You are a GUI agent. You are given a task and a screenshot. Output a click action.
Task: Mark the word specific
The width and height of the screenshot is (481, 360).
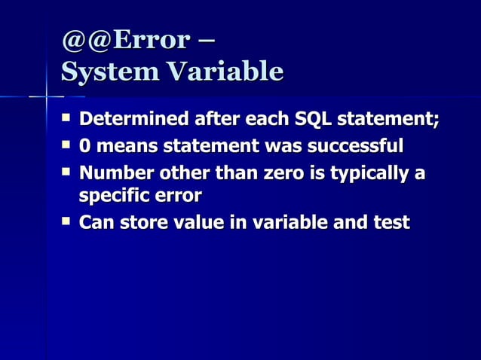coord(112,197)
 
